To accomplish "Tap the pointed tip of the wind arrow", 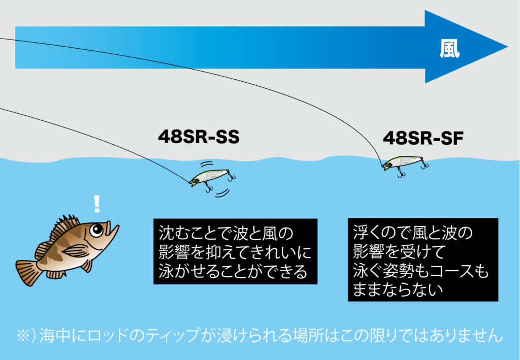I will click(505, 47).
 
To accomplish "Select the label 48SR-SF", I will click(422, 138).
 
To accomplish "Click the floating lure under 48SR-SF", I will click(403, 162).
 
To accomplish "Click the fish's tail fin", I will click(28, 271).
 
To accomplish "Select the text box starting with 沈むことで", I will click(235, 251).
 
